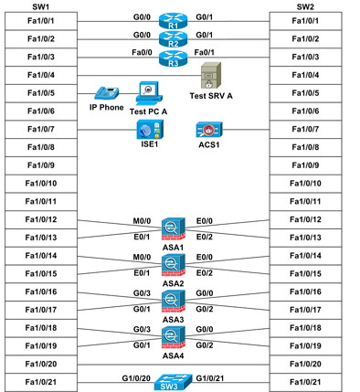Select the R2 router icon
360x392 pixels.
(x=171, y=39)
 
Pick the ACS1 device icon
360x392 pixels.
(x=208, y=129)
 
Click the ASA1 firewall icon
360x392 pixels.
(x=172, y=228)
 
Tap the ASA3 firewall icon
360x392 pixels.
(x=172, y=301)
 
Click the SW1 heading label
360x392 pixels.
(x=39, y=6)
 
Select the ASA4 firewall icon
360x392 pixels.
(x=172, y=337)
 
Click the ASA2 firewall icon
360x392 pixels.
(x=172, y=265)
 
